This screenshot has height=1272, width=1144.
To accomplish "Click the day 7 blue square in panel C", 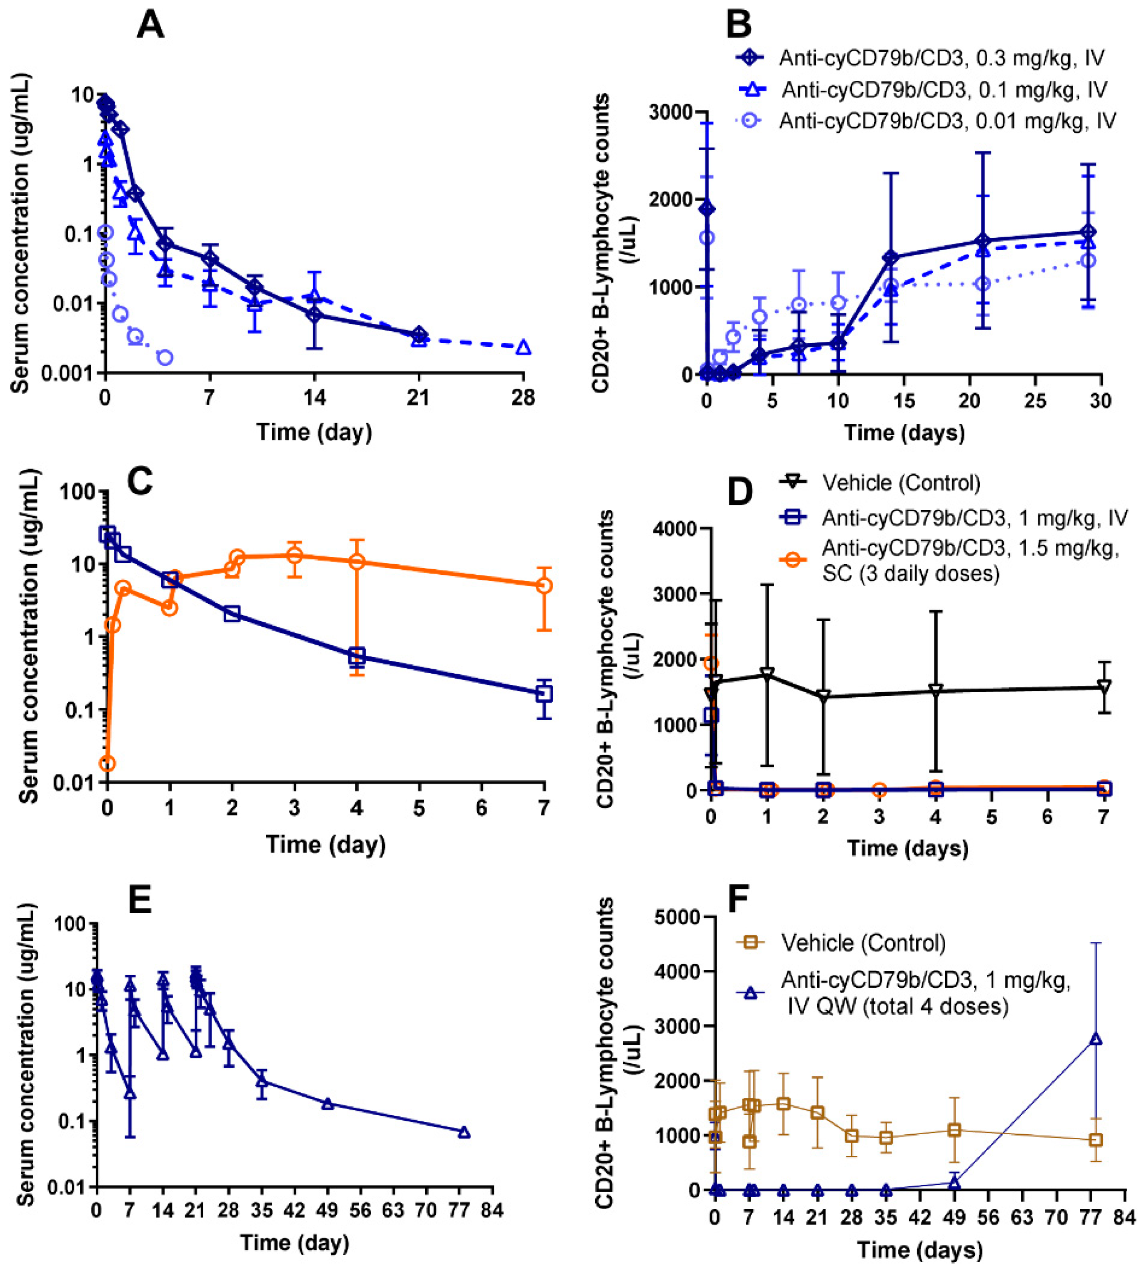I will (x=544, y=694).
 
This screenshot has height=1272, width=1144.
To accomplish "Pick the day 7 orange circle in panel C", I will (x=544, y=586).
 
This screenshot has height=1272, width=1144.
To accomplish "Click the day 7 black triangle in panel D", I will (x=1103, y=686).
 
